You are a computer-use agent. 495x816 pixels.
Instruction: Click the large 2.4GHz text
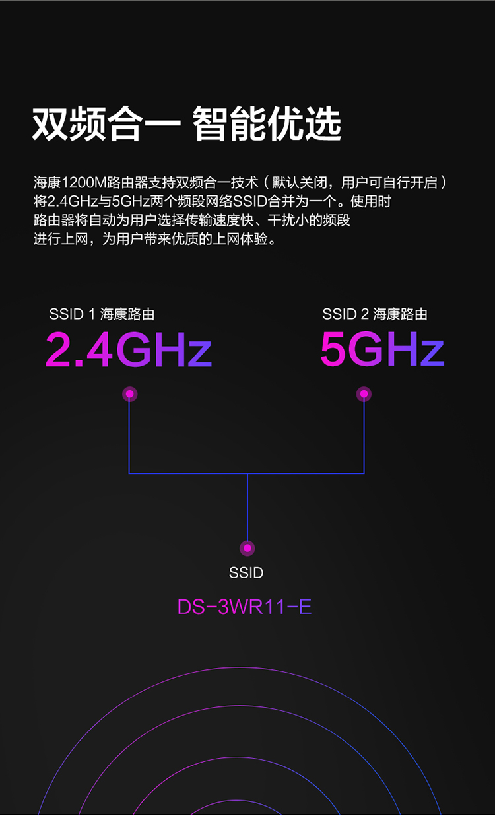click(x=128, y=349)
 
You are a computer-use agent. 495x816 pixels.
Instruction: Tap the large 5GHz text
click(x=382, y=349)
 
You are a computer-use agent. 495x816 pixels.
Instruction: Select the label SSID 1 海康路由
click(x=102, y=314)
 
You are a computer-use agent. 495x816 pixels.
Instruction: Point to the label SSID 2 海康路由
click(x=375, y=314)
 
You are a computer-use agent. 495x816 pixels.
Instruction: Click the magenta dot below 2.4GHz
click(x=129, y=394)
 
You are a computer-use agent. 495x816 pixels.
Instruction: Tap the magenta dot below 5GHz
click(x=364, y=393)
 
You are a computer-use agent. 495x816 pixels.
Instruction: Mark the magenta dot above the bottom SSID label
click(x=247, y=548)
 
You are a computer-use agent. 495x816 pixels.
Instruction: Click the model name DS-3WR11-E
click(x=244, y=607)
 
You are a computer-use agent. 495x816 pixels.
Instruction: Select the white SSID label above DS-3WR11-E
click(x=246, y=573)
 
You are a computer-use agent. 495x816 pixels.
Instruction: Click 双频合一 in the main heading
click(x=106, y=124)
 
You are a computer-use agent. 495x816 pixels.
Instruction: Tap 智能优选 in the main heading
click(x=267, y=124)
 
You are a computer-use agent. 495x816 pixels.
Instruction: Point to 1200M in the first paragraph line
click(x=84, y=182)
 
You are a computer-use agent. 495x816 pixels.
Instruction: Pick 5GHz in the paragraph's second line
click(x=131, y=201)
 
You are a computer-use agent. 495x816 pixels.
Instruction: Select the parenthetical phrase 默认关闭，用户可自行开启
click(x=354, y=182)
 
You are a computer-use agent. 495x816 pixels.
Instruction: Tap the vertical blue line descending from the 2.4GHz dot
click(x=129, y=437)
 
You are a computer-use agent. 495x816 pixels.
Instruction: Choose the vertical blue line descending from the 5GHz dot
click(x=364, y=437)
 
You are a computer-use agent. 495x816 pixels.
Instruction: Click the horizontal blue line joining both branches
click(x=247, y=473)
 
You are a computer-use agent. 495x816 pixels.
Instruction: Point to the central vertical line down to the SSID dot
click(x=247, y=507)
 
